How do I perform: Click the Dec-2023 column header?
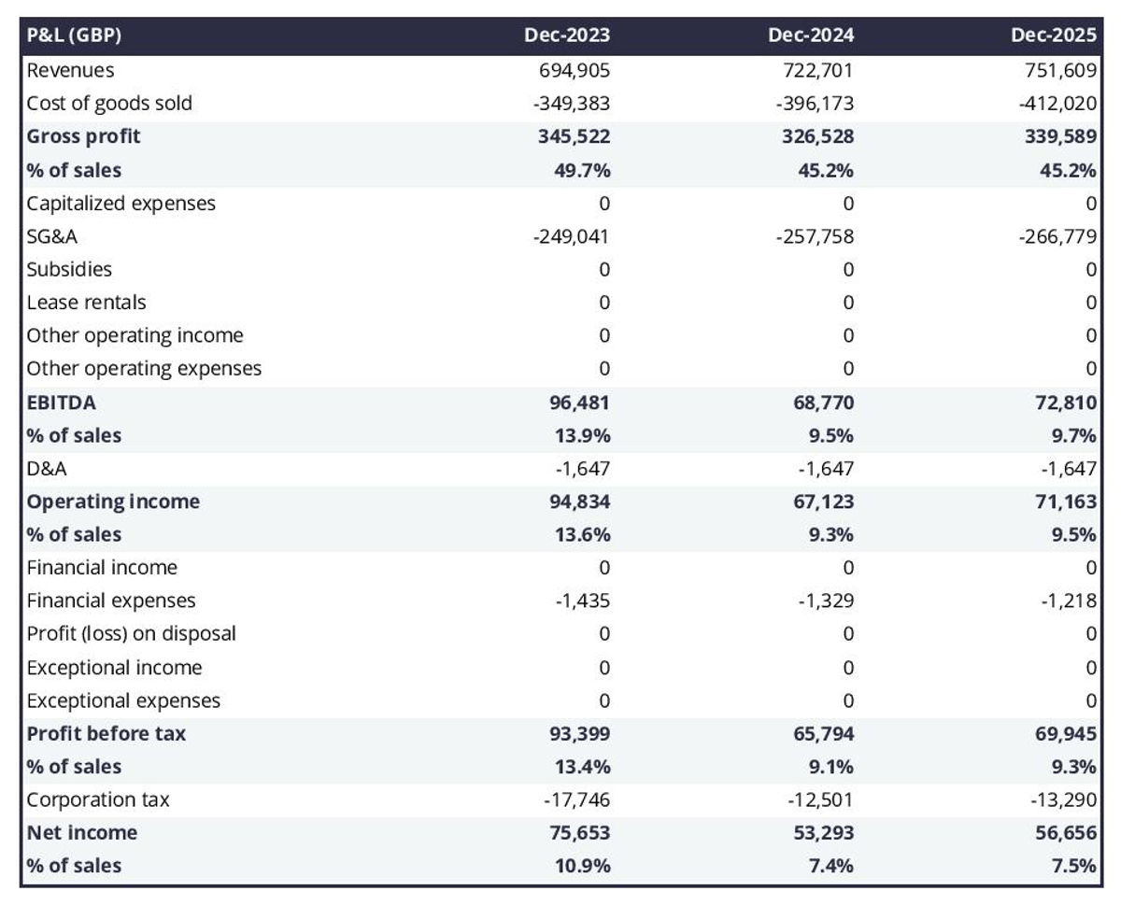coord(566,35)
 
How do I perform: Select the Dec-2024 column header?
coord(810,35)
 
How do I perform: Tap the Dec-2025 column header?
coord(1053,35)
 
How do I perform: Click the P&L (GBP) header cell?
coord(75,35)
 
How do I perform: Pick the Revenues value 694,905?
coord(574,70)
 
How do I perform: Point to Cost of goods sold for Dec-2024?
coord(814,103)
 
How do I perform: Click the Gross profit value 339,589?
coord(1060,136)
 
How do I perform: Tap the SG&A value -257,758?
coord(814,237)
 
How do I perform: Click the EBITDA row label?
coord(61,403)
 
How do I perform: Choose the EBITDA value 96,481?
coord(578,403)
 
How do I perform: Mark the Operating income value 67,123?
coord(821,502)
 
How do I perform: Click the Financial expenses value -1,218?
coord(1070,601)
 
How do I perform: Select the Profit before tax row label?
coord(106,733)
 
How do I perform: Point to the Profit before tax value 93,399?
coord(578,734)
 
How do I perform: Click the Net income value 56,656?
coord(1065,833)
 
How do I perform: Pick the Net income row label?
coord(81,832)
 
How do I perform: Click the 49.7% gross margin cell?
coord(584,170)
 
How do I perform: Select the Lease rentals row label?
coord(86,303)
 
